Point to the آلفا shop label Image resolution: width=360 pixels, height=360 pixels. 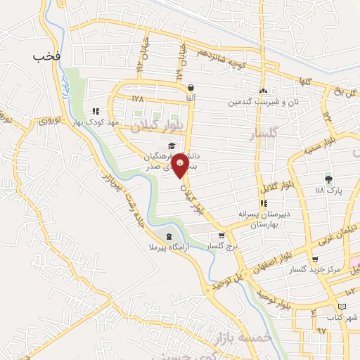[x=191, y=99]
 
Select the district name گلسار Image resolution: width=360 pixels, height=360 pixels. [x=264, y=132]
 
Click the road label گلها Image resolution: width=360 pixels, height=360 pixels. [x=303, y=83]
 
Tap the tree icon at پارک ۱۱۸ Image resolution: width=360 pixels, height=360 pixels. [x=328, y=179]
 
